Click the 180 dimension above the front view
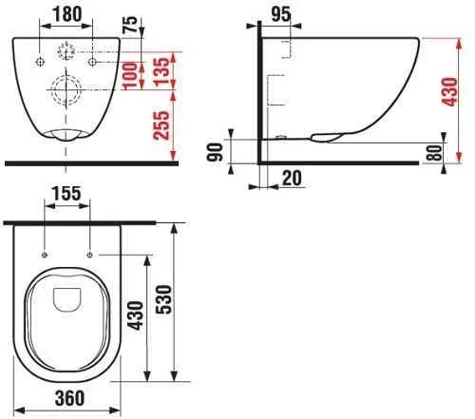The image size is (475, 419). [66, 16]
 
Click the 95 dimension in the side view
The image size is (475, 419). [279, 14]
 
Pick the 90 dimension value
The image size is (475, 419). [217, 152]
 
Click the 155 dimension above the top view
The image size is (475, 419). [66, 193]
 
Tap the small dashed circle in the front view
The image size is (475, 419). [66, 52]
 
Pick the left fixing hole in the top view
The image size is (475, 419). [46, 255]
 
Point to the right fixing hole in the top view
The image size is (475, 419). [88, 255]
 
